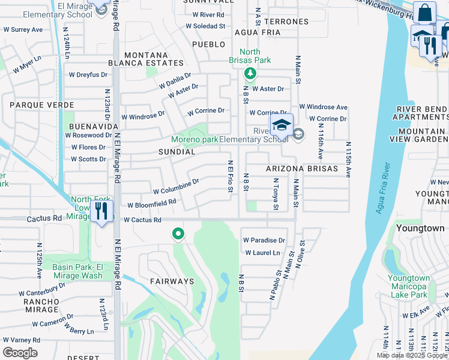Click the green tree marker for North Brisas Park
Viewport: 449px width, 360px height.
point(250,74)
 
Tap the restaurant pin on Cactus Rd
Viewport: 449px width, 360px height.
point(101,211)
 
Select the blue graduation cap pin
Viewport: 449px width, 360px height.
point(280,126)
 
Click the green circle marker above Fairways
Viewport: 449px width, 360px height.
point(178,233)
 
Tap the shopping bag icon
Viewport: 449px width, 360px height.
point(424,13)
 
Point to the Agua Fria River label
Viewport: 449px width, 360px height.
point(382,188)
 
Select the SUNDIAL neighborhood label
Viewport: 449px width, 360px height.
point(176,152)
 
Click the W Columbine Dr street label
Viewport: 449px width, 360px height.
point(176,186)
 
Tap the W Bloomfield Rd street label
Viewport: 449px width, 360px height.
point(151,203)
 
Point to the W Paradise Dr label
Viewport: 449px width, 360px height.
point(264,240)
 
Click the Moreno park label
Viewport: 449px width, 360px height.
point(194,139)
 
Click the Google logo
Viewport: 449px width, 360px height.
point(20,352)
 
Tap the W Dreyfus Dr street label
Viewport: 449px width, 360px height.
point(88,75)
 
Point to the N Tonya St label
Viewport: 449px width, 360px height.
point(276,194)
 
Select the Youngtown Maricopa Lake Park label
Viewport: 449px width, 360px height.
point(408,286)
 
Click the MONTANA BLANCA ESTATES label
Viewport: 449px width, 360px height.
point(146,59)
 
